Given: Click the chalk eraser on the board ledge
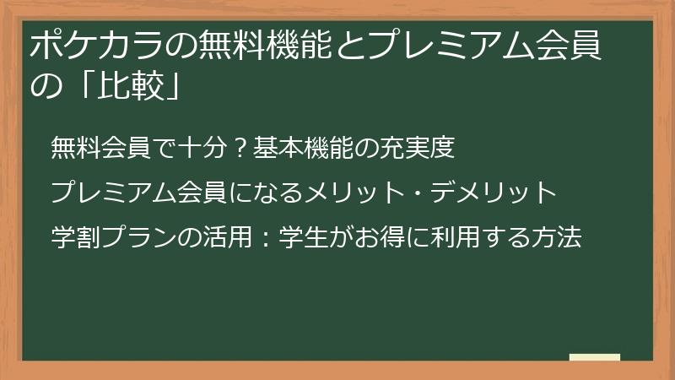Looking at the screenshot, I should pos(594,358).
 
